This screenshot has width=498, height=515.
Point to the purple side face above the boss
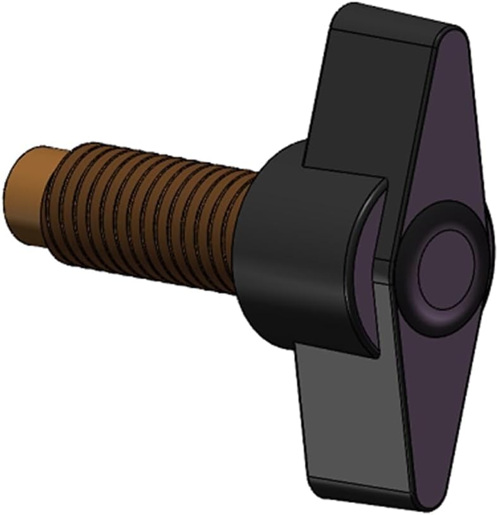pos(442,126)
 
